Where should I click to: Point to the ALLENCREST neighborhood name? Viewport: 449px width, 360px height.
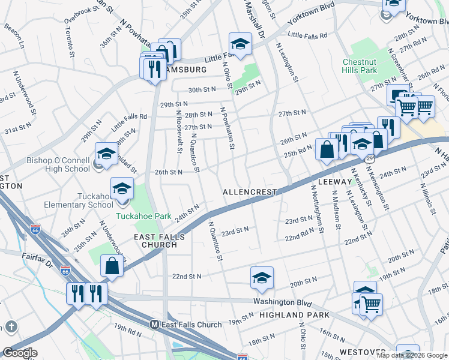(x=249, y=192)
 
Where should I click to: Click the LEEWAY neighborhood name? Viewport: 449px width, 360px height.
(x=334, y=181)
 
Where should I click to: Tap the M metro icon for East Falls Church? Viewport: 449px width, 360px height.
(x=154, y=325)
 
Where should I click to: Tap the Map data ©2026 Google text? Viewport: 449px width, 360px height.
(x=412, y=355)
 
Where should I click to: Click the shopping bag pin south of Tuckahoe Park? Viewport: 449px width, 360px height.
(x=112, y=265)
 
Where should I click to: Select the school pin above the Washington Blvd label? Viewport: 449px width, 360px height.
(x=262, y=278)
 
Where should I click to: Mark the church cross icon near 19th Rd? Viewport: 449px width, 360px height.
(x=11, y=326)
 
